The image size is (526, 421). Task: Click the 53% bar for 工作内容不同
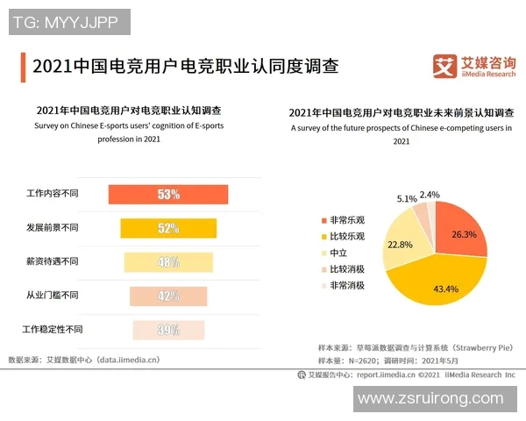(x=167, y=195)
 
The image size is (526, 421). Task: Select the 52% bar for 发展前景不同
(x=167, y=228)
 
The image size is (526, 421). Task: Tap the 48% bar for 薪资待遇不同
(x=167, y=262)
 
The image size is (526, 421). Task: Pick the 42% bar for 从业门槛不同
(x=167, y=296)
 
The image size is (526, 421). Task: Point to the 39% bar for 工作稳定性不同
(x=167, y=330)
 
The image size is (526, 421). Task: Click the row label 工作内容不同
(x=53, y=194)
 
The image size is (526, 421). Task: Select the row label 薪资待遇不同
(x=53, y=261)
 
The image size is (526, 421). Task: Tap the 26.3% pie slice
(x=459, y=230)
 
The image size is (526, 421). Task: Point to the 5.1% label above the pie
(x=407, y=198)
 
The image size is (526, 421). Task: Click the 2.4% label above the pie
(x=430, y=195)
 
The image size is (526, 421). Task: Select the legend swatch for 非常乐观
(x=322, y=220)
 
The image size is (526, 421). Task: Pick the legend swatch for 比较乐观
(x=322, y=237)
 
